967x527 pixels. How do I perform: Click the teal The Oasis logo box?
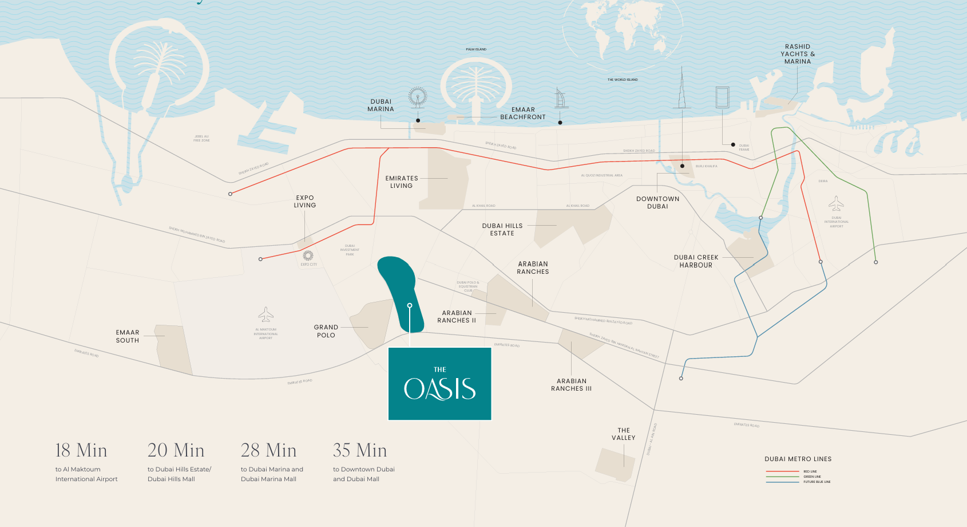(x=439, y=384)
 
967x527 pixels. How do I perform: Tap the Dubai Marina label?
(x=381, y=105)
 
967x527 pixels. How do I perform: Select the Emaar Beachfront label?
(x=522, y=113)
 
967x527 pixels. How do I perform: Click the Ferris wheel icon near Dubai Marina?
(x=418, y=97)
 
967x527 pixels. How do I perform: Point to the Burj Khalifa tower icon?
(x=682, y=89)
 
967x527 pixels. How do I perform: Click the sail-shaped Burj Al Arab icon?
(x=561, y=99)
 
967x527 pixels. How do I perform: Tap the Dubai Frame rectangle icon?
(x=722, y=97)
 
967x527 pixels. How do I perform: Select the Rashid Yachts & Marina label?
(x=798, y=54)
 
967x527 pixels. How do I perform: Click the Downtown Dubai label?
(x=657, y=203)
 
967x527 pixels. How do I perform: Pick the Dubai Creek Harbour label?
(x=696, y=261)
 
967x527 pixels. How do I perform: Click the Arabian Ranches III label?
(x=571, y=385)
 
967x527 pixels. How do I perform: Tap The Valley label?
(x=623, y=434)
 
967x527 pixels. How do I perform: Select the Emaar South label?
(x=128, y=336)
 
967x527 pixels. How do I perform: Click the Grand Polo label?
(x=326, y=331)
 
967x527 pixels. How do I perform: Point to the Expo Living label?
(x=305, y=202)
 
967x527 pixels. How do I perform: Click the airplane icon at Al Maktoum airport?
(x=265, y=314)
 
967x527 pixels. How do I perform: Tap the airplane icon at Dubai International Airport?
(x=836, y=203)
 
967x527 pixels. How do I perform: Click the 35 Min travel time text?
(x=360, y=450)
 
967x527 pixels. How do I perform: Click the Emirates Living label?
(x=401, y=182)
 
